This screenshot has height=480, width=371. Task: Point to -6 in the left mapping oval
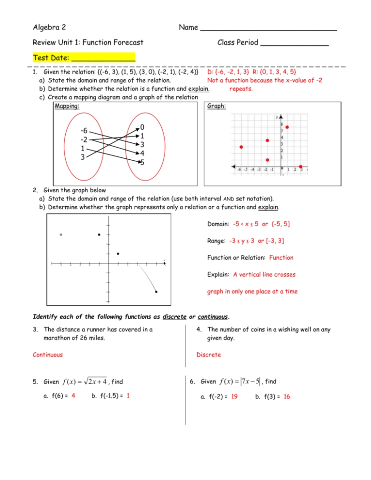tap(84, 131)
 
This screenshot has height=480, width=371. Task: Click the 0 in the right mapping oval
tap(142, 127)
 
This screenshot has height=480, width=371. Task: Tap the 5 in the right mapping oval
tap(142, 162)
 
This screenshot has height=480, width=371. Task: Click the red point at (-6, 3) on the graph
tap(241, 147)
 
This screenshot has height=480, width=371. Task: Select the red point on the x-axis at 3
tap(300, 167)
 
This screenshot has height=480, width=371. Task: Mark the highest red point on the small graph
tap(287, 127)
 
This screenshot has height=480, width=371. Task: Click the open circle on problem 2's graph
tap(60, 235)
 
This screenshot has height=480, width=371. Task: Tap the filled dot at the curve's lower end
tap(157, 292)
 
